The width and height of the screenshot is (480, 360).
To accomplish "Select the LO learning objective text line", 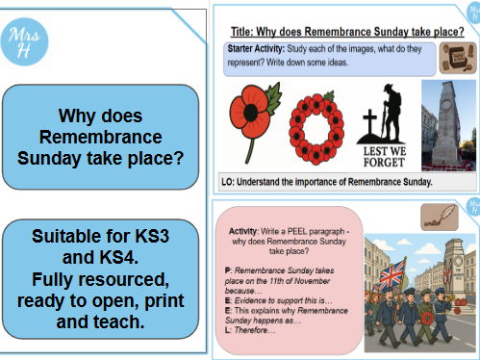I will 327,181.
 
